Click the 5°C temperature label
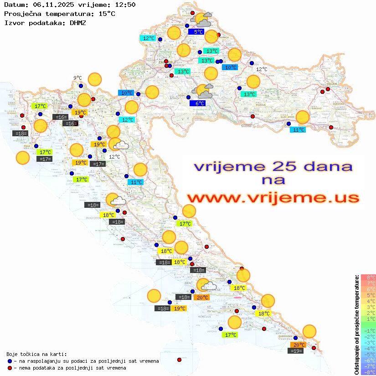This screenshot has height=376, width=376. pyautogui.click(x=198, y=32)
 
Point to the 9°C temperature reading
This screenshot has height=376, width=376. pyautogui.click(x=77, y=78)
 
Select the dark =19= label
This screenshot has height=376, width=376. pyautogui.click(x=297, y=350)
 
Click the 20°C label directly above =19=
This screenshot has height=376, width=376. pyautogui.click(x=299, y=345)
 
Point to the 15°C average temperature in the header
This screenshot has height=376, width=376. pyautogui.click(x=107, y=13)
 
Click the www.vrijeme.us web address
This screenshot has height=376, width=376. pyautogui.click(x=273, y=198)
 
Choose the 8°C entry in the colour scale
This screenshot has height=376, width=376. pyautogui.click(x=368, y=278)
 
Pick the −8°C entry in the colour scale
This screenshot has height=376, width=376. pyautogui.click(x=368, y=372)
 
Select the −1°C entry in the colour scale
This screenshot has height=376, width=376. pyautogui.click(x=368, y=330)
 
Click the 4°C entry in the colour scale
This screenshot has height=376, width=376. pyautogui.click(x=368, y=301)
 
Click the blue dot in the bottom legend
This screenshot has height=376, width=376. pyautogui.click(x=10, y=361)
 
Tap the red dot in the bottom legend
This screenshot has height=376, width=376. pyautogui.click(x=10, y=368)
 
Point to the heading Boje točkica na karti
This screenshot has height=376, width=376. pyautogui.click(x=36, y=354)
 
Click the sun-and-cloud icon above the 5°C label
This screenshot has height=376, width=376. pyautogui.click(x=202, y=20)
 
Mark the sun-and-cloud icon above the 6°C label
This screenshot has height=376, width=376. pyautogui.click(x=202, y=91)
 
